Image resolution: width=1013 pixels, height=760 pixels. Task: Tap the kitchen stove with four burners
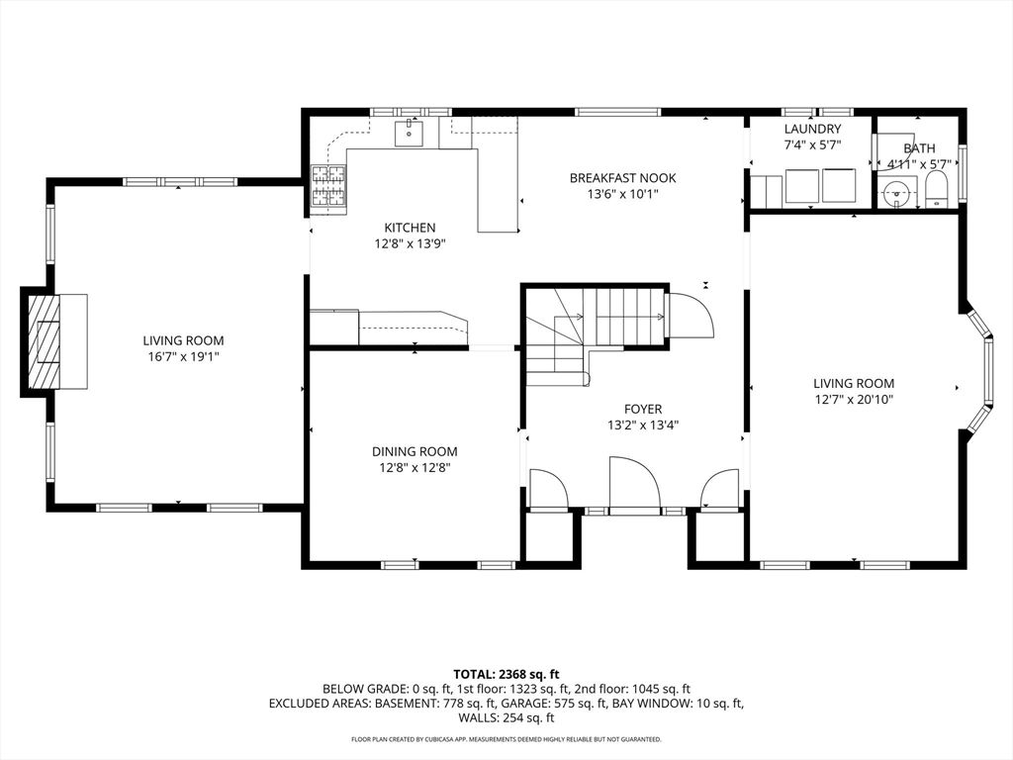(x=329, y=186)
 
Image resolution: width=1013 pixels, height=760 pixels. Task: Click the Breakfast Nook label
(x=622, y=178)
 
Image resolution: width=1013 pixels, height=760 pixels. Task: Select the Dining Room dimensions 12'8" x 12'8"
(x=414, y=468)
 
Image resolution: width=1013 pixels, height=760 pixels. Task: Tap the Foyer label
(x=642, y=409)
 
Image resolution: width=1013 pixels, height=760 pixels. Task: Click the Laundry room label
(x=812, y=130)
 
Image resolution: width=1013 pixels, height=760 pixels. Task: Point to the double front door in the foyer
(x=634, y=486)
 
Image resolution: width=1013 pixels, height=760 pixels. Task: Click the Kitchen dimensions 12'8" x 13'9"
(x=410, y=243)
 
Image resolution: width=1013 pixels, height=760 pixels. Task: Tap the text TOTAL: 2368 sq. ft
(x=506, y=674)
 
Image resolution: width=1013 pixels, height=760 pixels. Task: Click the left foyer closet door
(x=547, y=489)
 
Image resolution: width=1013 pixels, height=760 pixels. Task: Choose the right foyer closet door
(x=719, y=490)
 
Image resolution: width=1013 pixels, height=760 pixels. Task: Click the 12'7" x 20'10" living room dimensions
(x=853, y=400)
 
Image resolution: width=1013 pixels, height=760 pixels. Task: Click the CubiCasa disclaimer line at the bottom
(x=506, y=739)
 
